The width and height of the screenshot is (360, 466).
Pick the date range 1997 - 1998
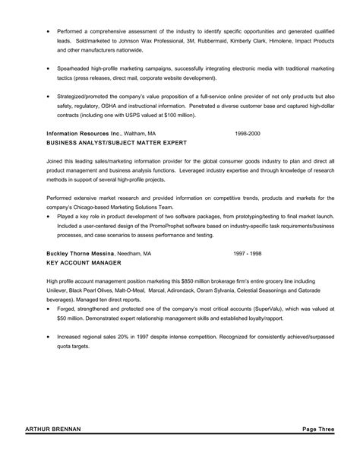248,252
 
